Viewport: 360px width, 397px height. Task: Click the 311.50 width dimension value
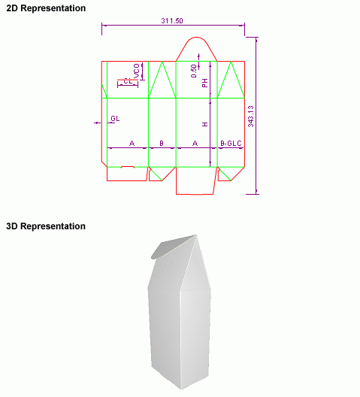tap(172, 21)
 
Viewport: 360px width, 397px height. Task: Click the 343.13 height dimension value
tap(250, 117)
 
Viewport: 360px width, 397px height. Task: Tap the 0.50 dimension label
tap(194, 71)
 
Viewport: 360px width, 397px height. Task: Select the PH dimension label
tap(205, 83)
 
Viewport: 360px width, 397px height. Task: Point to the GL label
tap(115, 119)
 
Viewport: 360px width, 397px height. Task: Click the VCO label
tap(137, 71)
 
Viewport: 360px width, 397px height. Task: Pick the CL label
tap(128, 81)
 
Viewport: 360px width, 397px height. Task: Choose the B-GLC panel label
tap(231, 144)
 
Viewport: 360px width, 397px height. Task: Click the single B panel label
tap(162, 144)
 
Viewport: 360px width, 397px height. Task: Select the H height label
tap(205, 124)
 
